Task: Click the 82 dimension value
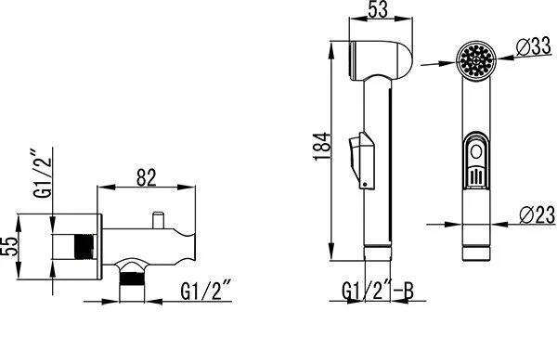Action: [x=147, y=177]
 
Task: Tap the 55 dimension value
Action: [x=10, y=246]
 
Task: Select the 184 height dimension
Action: [x=322, y=147]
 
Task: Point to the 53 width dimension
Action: [x=378, y=9]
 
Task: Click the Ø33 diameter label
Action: [x=534, y=47]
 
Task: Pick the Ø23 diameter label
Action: [x=537, y=214]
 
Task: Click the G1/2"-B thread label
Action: [x=378, y=292]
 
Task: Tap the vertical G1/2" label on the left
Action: [x=43, y=173]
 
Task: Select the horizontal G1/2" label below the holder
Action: [x=206, y=290]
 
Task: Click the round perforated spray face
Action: [x=476, y=60]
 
